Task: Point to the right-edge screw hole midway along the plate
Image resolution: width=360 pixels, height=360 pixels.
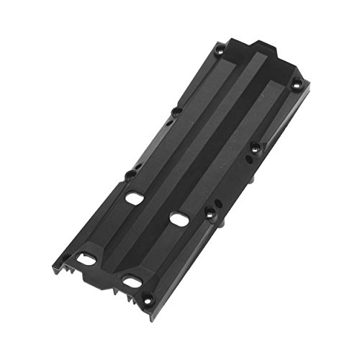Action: [x=255, y=148]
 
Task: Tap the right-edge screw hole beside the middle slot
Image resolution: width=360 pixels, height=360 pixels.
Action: [x=210, y=212]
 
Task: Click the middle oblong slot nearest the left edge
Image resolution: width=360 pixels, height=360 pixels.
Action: [x=132, y=196]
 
